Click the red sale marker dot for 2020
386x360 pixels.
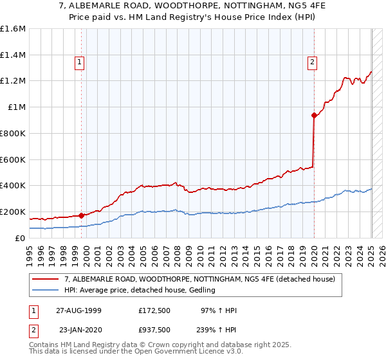[314, 116]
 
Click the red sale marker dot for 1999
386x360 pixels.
[82, 215]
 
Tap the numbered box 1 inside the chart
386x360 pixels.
[79, 62]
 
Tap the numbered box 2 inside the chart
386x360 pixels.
[311, 62]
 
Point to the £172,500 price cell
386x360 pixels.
[154, 310]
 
